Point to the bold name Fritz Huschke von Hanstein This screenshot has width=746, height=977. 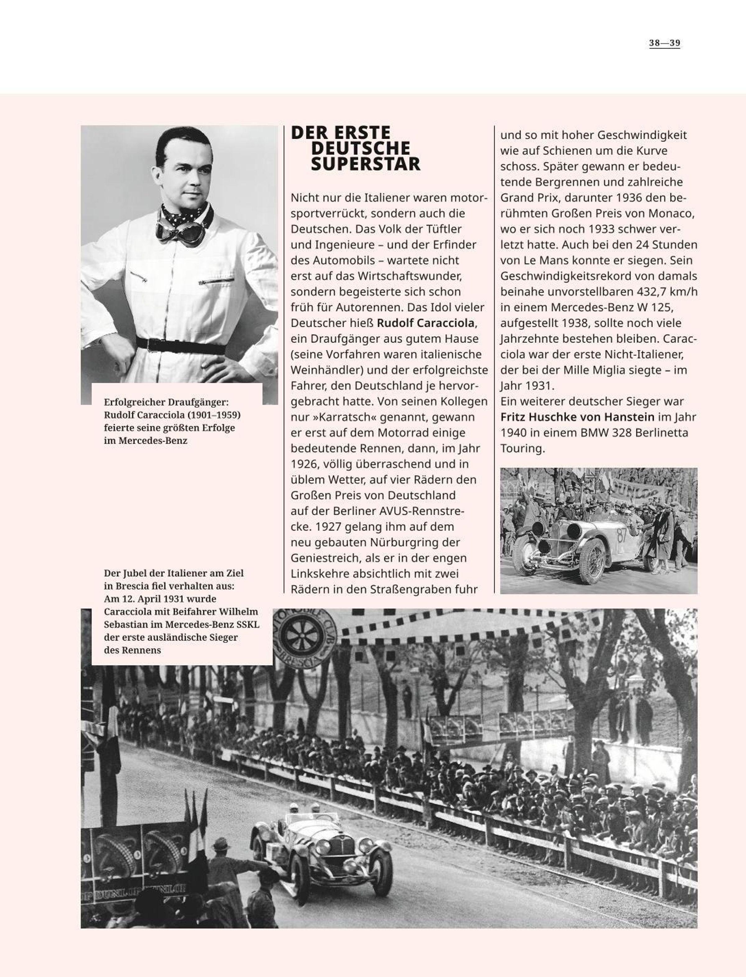(x=577, y=417)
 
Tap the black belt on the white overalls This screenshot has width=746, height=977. (x=180, y=346)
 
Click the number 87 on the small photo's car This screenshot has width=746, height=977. (x=622, y=535)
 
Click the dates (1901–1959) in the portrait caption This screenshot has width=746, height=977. (x=213, y=415)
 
